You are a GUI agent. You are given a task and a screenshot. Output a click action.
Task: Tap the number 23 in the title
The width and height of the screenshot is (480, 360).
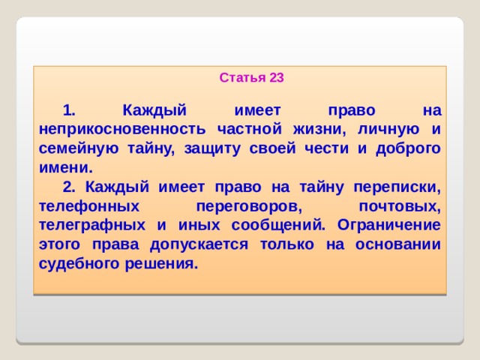click(x=276, y=77)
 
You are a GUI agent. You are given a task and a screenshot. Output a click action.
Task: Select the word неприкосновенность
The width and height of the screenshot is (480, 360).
click(x=118, y=128)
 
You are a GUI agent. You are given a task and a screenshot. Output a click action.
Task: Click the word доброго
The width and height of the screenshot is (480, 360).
click(x=403, y=148)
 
